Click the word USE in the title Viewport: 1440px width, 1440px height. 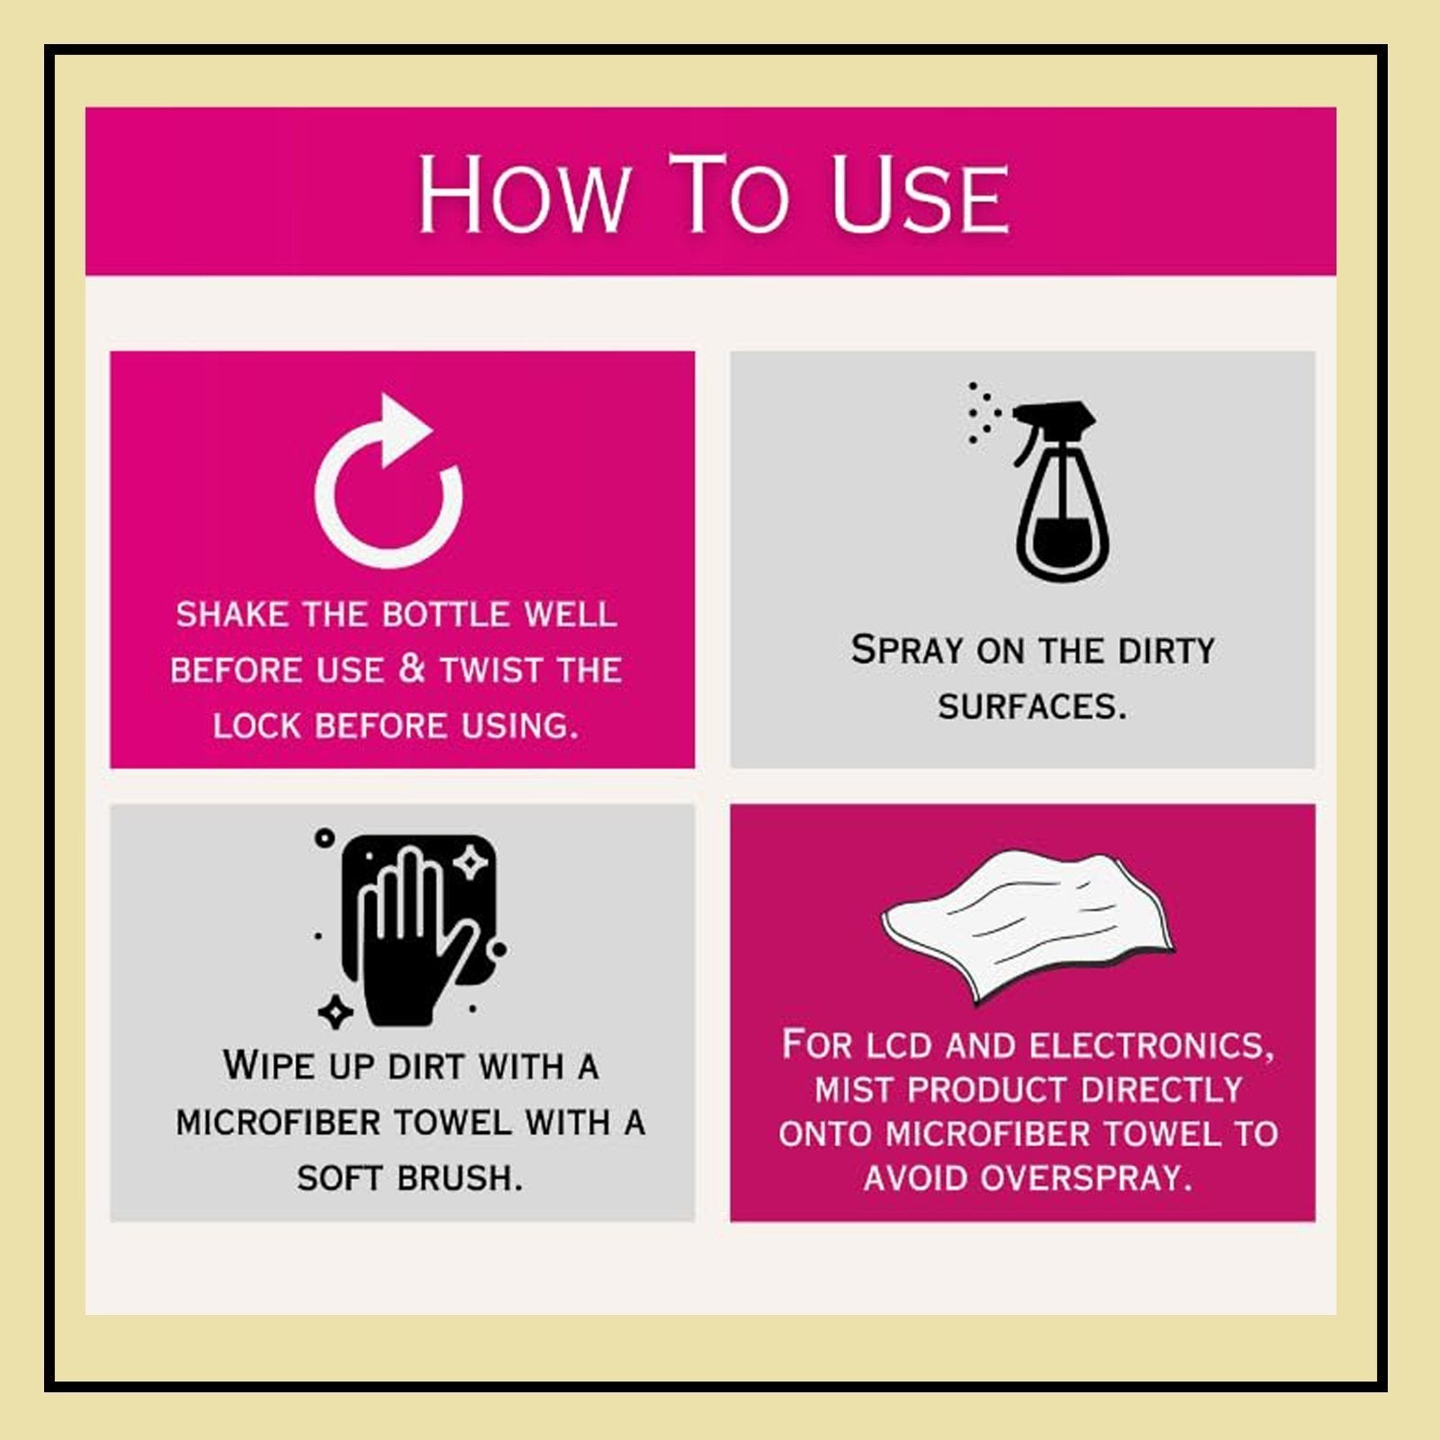(x=920, y=193)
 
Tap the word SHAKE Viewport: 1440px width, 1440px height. (x=232, y=615)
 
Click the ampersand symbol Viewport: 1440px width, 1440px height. (x=411, y=669)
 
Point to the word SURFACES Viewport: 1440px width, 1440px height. (x=1031, y=707)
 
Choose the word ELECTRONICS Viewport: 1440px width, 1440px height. (x=1152, y=1046)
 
